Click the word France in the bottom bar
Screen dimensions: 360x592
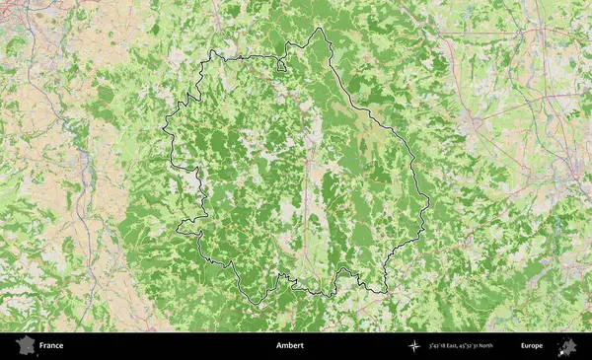[52, 346]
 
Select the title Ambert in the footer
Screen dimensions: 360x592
[290, 346]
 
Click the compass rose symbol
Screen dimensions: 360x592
[414, 346]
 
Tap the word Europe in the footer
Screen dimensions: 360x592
[532, 346]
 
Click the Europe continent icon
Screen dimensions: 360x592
[567, 346]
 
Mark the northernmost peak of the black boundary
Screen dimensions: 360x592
[318, 29]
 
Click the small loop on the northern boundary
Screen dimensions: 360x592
[281, 67]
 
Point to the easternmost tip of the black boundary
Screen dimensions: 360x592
[429, 204]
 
